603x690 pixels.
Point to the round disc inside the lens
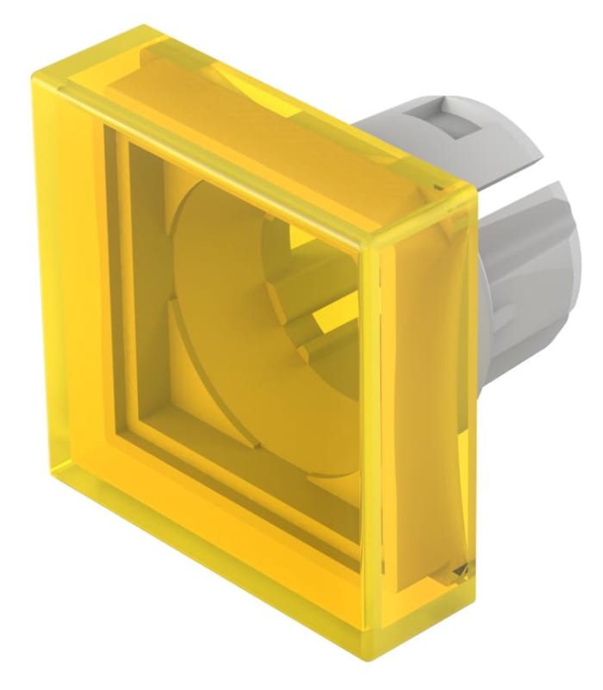[x=250, y=336]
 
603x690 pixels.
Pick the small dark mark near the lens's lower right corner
[x=463, y=569]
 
